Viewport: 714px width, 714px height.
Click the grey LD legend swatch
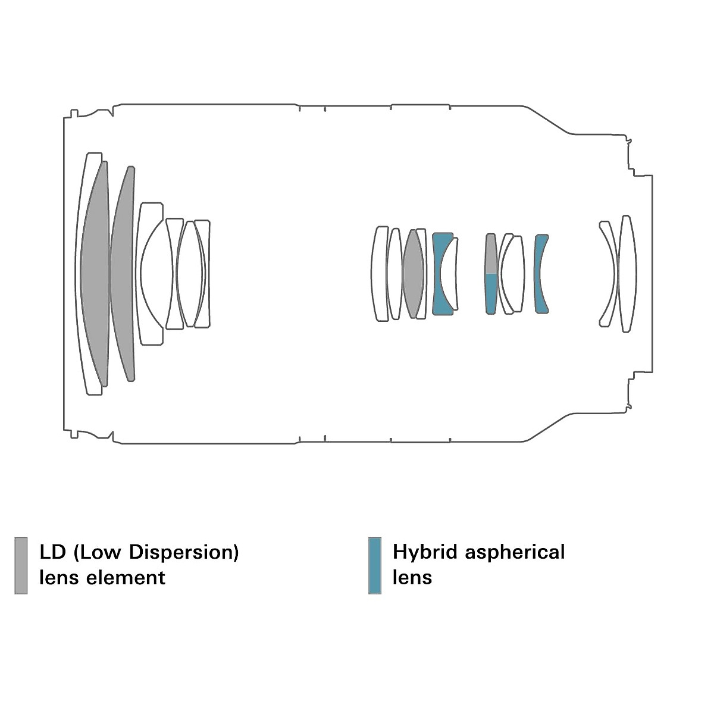tap(21, 565)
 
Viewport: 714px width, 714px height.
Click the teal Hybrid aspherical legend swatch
tap(375, 565)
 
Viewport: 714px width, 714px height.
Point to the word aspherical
tap(515, 552)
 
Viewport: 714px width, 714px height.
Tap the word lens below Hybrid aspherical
tap(412, 578)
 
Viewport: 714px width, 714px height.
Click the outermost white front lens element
tap(83, 274)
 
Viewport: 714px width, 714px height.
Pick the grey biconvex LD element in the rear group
tap(413, 274)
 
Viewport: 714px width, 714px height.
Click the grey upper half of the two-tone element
tap(491, 254)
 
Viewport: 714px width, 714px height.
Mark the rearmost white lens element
tap(628, 274)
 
